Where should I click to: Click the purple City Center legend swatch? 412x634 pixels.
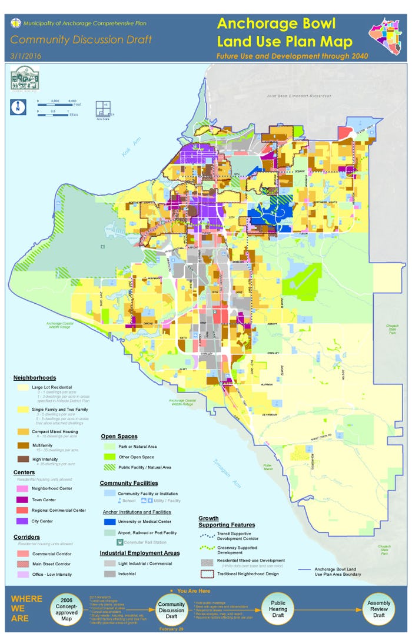(22, 521)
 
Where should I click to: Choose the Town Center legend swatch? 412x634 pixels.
(22, 499)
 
